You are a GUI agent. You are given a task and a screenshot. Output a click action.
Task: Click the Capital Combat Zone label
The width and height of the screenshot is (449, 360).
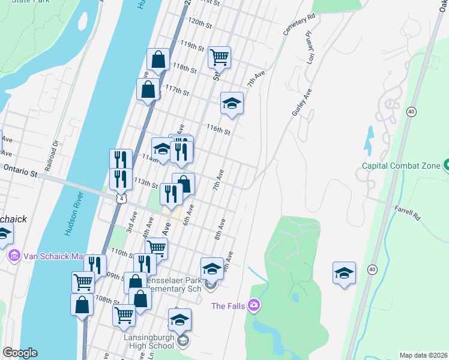click(401, 166)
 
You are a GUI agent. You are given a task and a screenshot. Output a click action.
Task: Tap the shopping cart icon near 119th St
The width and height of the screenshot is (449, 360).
click(219, 58)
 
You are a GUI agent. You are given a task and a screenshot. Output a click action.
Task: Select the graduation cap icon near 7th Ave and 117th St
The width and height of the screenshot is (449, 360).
click(232, 103)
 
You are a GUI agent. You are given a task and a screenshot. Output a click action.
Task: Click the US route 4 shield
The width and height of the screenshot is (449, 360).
click(122, 198)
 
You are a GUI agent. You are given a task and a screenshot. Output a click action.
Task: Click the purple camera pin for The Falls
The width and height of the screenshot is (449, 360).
click(255, 306)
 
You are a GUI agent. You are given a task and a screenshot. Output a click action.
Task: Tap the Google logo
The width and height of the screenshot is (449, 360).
click(20, 353)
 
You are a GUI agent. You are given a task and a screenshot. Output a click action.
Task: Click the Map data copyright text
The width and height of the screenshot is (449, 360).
click(424, 355)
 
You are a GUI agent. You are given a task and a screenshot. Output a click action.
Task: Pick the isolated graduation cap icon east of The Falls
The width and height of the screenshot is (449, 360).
click(345, 273)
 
